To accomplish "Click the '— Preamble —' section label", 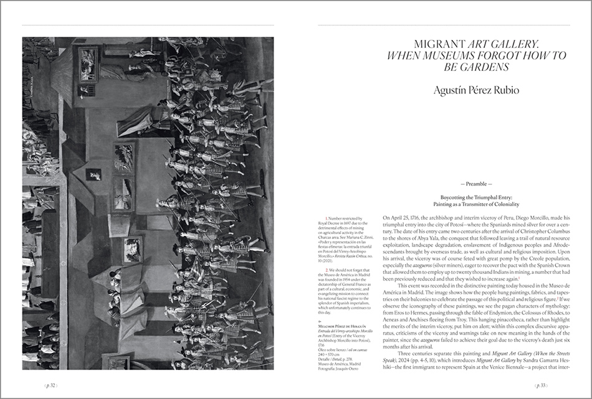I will coord(475,184).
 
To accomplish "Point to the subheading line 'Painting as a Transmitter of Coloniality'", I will coord(475,204).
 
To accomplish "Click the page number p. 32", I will coord(49,386).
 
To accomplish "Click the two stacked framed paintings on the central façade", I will coord(124,176).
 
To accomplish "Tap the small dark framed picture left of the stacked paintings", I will coord(93,174).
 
